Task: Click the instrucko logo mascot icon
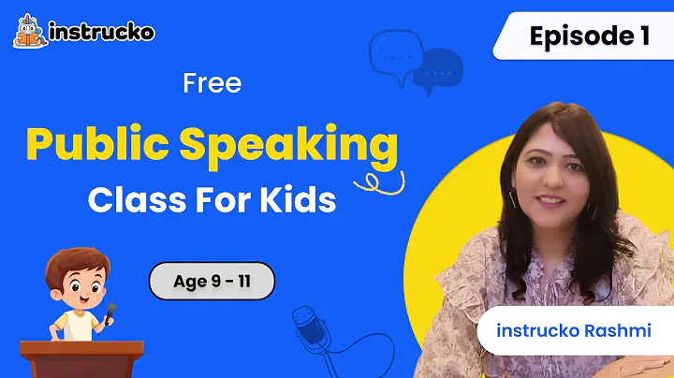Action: [x=30, y=31]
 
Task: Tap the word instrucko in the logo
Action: [x=102, y=33]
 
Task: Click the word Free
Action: [x=212, y=83]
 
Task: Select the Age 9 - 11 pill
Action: [x=212, y=280]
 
